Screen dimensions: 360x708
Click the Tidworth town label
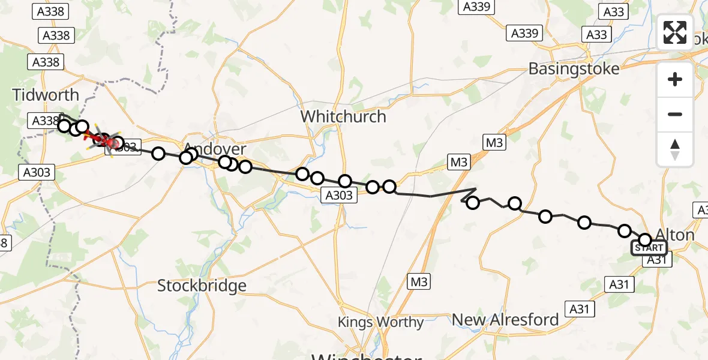(46, 95)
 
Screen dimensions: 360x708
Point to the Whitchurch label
(344, 116)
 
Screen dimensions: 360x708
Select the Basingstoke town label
(574, 68)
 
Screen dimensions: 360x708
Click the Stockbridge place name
(202, 286)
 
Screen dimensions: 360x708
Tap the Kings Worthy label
(380, 322)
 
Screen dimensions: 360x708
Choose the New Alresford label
(506, 320)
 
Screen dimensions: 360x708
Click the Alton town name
(676, 235)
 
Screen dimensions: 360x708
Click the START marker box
(649, 248)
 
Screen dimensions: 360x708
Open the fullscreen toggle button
(675, 32)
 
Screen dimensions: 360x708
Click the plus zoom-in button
(675, 79)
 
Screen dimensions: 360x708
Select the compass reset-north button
(675, 149)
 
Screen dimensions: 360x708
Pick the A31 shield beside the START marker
(658, 260)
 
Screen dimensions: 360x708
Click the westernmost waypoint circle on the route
(64, 125)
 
